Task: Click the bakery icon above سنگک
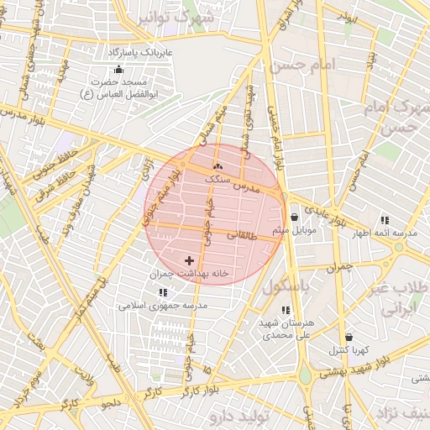[x=218, y=166]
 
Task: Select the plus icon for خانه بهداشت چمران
[x=188, y=261]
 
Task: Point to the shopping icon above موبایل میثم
[x=293, y=217]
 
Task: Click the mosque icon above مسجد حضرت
[x=118, y=70]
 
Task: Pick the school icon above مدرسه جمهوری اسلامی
[x=163, y=292]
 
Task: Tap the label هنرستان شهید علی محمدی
[x=287, y=328]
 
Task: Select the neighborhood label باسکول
[x=286, y=286]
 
